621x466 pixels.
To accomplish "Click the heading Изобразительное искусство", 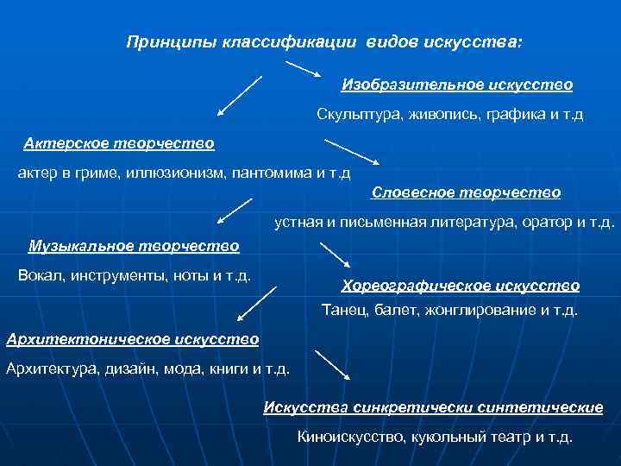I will (457, 85).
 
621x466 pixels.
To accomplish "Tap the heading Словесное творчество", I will (466, 192).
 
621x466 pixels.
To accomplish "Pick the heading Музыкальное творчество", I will (134, 246).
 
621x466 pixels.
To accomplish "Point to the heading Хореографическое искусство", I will (461, 285).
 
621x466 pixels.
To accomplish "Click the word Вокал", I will (38, 276).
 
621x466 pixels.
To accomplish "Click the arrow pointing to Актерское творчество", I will (239, 95).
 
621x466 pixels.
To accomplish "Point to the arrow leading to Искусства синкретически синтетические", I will (333, 365).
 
